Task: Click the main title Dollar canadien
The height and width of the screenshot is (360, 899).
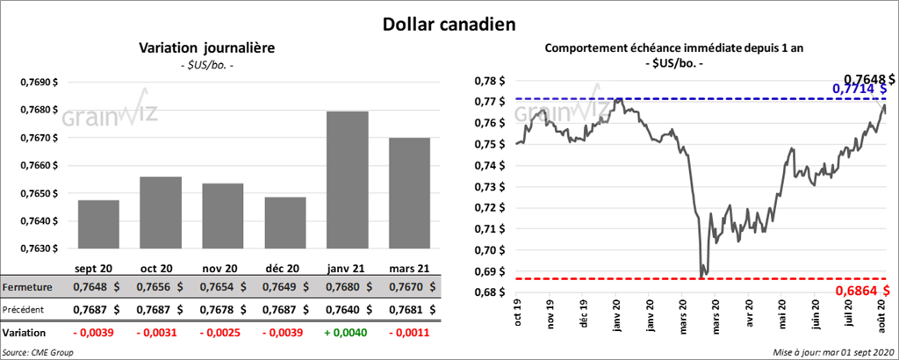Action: tap(449, 23)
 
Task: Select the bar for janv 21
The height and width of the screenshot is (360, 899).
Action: tap(347, 180)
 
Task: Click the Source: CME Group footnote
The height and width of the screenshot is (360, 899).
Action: tap(38, 352)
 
